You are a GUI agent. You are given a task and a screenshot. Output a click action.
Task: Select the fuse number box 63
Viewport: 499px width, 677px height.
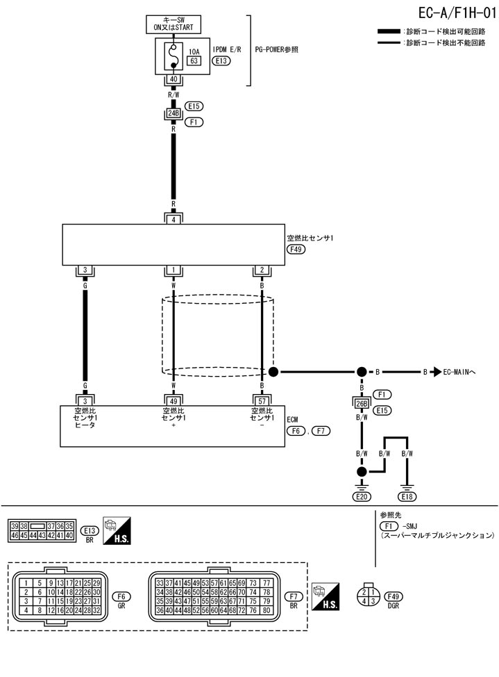coord(194,61)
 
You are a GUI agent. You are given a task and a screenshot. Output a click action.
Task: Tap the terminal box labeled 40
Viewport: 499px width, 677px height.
coord(173,80)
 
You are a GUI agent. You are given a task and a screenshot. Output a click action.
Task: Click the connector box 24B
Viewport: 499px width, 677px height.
coord(174,113)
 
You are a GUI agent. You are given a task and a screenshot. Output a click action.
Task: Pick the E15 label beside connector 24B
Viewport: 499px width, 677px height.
coord(194,106)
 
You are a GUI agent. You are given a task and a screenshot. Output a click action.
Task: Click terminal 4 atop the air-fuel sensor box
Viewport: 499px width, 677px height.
coord(174,220)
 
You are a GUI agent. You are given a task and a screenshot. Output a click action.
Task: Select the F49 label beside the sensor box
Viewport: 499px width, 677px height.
coord(296,248)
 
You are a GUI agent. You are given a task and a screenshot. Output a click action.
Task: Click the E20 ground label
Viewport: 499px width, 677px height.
coord(362,496)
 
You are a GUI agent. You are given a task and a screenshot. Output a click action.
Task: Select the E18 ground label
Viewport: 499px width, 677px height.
coord(407,496)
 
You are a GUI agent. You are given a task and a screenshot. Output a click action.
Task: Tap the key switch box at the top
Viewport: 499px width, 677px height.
coord(174,24)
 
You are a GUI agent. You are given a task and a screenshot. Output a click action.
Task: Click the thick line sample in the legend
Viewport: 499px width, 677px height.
coord(389,32)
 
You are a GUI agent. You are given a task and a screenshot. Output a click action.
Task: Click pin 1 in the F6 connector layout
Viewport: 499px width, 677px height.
coord(26,582)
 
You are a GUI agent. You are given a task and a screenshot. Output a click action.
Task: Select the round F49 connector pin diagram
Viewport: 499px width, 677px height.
coord(369,596)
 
